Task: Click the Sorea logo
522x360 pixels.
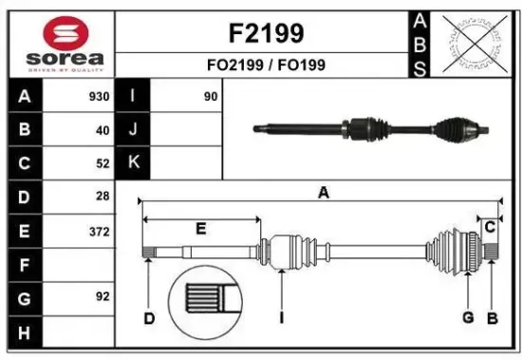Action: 58,44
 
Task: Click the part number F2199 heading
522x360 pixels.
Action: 267,34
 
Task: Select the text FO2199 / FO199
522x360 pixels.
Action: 267,67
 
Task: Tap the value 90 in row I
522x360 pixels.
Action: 211,97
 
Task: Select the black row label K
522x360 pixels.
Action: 133,162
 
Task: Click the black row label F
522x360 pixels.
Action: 24,264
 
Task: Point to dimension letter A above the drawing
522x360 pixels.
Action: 323,193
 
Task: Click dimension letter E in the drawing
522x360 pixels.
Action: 200,229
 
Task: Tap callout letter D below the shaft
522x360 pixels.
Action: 148,318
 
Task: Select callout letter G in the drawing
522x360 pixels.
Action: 468,317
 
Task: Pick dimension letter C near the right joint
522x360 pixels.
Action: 491,227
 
